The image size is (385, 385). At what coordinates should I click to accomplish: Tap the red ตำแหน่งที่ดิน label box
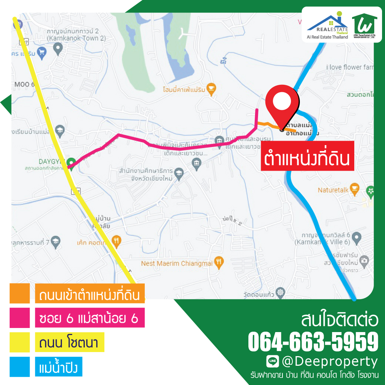[307, 156]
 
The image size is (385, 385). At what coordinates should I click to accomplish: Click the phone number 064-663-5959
[313, 341]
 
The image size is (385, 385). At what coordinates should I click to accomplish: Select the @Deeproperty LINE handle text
[329, 361]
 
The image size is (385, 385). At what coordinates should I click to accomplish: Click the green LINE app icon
[272, 361]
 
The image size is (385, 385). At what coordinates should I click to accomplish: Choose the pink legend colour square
[20, 318]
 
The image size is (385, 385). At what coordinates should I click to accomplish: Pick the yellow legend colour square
[20, 342]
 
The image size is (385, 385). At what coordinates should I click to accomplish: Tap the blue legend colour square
[20, 366]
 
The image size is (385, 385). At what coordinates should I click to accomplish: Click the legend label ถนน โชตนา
[69, 342]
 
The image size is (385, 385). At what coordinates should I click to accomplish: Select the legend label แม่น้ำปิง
[58, 367]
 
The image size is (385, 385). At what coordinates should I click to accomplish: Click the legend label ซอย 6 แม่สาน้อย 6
[90, 318]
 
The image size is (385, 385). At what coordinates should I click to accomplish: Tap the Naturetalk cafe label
[333, 190]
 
